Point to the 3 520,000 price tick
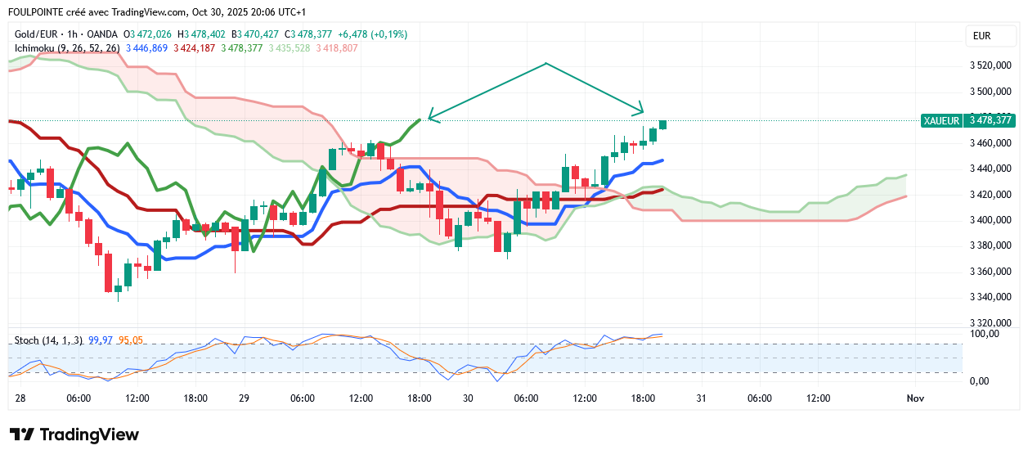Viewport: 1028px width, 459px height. click(990, 65)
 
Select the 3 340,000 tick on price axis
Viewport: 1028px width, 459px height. click(990, 297)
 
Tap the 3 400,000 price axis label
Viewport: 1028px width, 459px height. click(990, 220)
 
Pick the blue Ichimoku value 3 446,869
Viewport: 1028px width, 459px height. click(148, 48)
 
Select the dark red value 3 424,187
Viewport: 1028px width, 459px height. click(195, 48)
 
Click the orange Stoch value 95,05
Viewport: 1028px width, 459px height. click(131, 340)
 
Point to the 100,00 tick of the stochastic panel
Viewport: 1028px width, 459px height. click(985, 334)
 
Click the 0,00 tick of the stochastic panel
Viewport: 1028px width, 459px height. click(980, 380)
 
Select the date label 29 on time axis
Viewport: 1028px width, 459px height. click(244, 398)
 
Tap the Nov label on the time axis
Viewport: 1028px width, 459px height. click(915, 398)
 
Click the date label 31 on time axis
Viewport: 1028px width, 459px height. click(701, 398)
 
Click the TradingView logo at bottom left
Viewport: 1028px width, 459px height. click(74, 435)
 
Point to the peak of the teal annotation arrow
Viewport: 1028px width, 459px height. click(545, 62)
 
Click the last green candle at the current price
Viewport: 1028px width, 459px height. click(663, 124)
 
